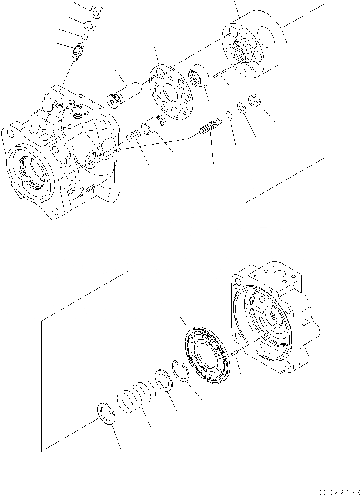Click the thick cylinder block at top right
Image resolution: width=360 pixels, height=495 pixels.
tap(255, 49)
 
